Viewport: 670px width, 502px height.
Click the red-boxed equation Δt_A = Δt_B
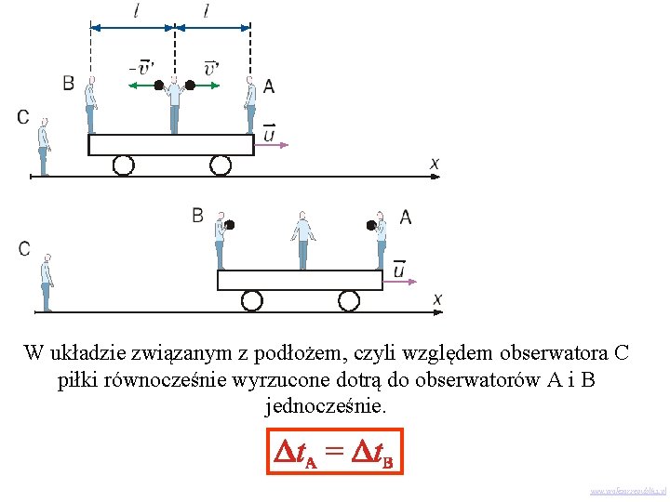[335, 451]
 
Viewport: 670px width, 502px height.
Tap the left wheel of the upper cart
[123, 165]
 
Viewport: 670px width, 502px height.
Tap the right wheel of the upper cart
[221, 165]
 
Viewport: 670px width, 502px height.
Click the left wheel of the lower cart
[252, 300]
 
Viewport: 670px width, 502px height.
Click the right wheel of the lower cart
[349, 300]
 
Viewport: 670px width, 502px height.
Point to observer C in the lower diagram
[47, 283]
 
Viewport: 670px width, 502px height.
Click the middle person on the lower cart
[301, 240]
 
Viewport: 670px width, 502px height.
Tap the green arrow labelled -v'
[141, 85]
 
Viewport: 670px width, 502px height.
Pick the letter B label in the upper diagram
[69, 84]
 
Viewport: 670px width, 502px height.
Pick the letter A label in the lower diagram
[405, 218]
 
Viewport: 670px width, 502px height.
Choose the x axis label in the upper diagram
[435, 164]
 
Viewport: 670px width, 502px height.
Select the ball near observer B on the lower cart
[229, 224]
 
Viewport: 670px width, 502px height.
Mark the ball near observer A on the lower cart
[371, 225]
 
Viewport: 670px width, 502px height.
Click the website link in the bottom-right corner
[628, 491]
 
